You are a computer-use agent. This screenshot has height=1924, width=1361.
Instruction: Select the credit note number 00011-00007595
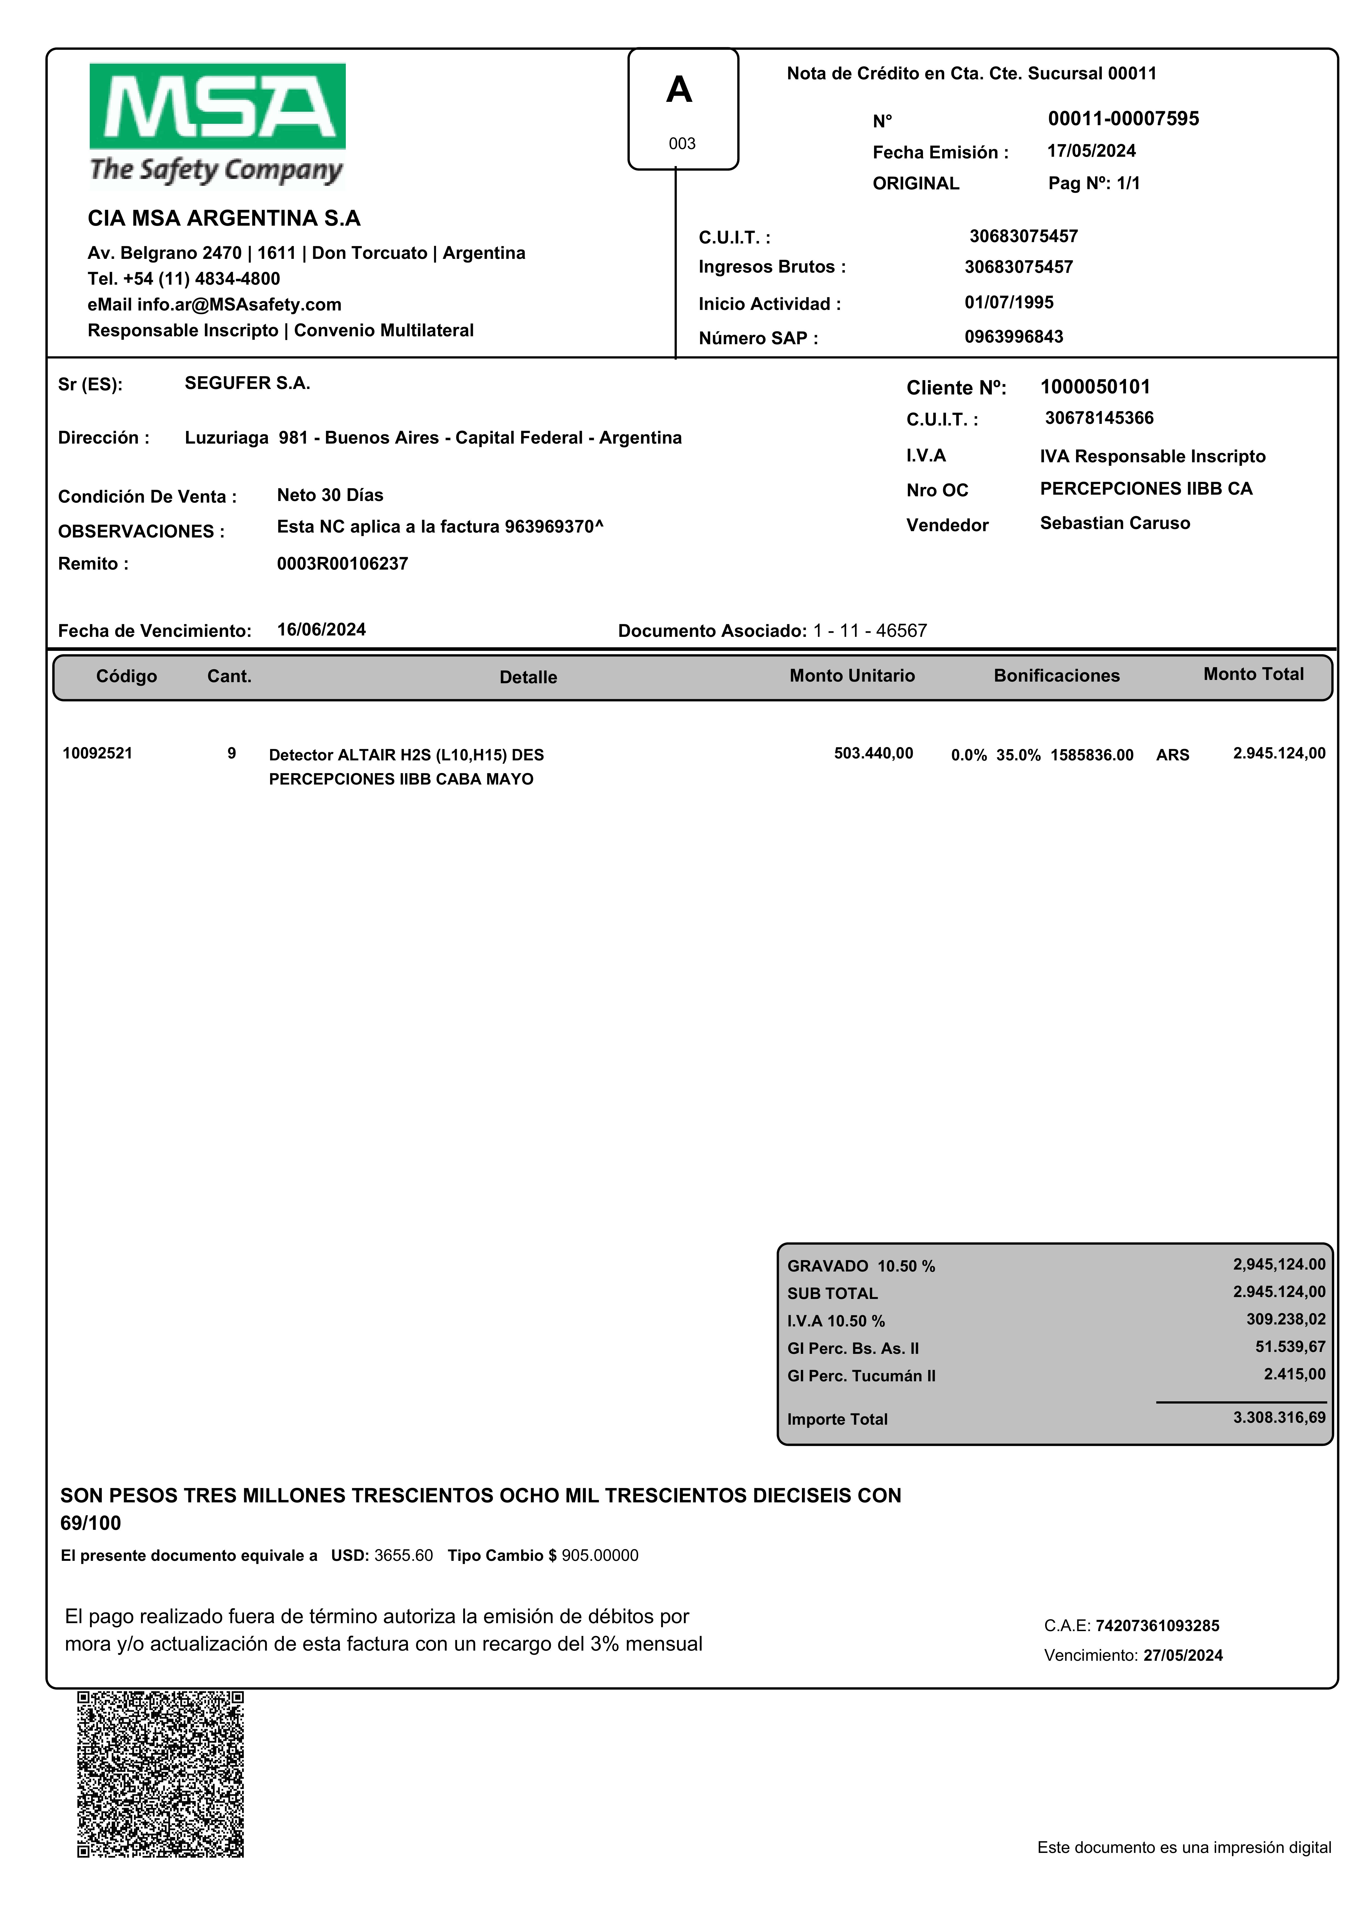pos(1123,119)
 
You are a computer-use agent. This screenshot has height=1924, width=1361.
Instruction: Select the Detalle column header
pos(528,677)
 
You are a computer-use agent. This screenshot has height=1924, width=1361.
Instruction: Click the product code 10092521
pos(97,753)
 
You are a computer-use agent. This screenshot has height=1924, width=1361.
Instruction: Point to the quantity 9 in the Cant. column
pos(231,753)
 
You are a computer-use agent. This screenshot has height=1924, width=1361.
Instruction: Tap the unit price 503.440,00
pos(873,753)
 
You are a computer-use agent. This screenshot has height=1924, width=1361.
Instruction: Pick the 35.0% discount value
pos(1018,755)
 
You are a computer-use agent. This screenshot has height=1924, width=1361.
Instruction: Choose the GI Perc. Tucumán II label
pos(861,1376)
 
